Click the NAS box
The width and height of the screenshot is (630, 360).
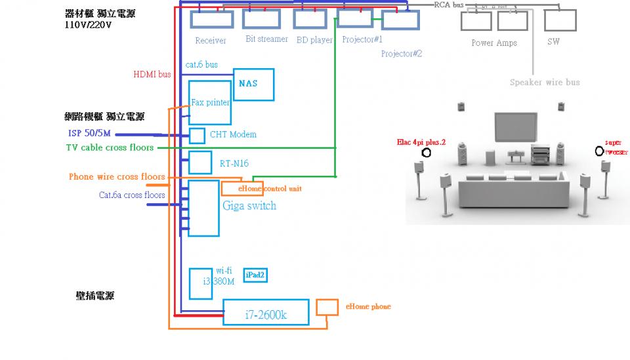click(253, 84)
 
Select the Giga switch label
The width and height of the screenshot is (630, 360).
click(249, 206)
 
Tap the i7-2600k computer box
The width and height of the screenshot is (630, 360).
click(265, 312)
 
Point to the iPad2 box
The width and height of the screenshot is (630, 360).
click(255, 275)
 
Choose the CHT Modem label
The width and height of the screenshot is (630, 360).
click(233, 134)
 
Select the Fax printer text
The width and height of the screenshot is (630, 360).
click(210, 102)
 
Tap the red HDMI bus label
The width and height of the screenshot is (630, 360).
click(152, 75)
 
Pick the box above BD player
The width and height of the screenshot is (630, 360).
click(310, 19)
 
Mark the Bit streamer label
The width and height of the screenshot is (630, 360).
click(266, 39)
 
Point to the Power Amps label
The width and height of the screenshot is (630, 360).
click(493, 43)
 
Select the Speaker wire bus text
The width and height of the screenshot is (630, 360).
click(544, 83)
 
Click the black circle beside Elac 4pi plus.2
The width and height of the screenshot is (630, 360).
click(427, 153)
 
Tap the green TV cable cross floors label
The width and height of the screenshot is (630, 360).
click(110, 148)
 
